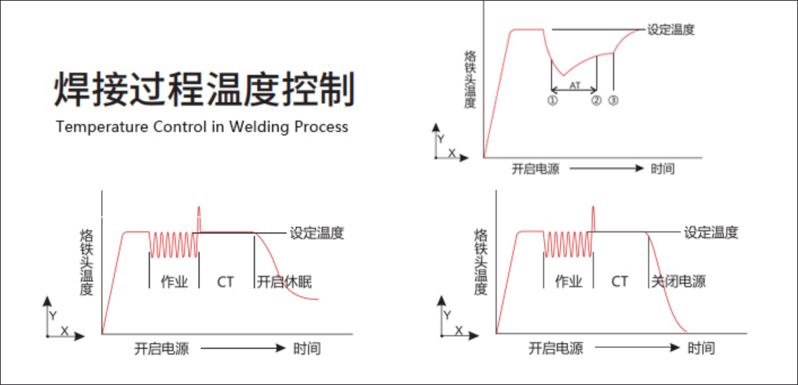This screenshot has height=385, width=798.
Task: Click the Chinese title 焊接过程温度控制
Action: pyautogui.click(x=204, y=89)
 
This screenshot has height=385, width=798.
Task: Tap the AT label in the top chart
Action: pyautogui.click(x=575, y=85)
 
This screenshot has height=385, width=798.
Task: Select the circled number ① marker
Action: pyautogui.click(x=552, y=101)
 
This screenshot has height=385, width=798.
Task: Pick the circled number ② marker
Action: pyautogui.click(x=596, y=101)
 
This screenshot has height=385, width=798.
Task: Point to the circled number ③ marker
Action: pyautogui.click(x=613, y=101)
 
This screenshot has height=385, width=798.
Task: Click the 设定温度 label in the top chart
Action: pyautogui.click(x=671, y=30)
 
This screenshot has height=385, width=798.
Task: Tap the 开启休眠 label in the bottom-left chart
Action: pyautogui.click(x=284, y=282)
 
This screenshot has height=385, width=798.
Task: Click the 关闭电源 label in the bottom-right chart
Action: pyautogui.click(x=678, y=281)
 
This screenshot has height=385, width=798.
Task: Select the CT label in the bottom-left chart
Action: pyautogui.click(x=225, y=282)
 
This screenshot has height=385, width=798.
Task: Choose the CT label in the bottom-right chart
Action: pyautogui.click(x=619, y=281)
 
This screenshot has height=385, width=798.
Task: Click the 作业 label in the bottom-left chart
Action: pyautogui.click(x=174, y=282)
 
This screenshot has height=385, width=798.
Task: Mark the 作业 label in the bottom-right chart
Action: pyautogui.click(x=568, y=281)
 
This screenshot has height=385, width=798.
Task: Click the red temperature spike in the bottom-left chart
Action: pyautogui.click(x=199, y=217)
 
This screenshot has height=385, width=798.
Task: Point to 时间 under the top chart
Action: pyautogui.click(x=662, y=168)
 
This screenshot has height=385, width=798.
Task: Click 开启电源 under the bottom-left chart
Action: pyautogui.click(x=161, y=348)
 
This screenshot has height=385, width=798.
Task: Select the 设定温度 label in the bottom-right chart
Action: pyautogui.click(x=711, y=232)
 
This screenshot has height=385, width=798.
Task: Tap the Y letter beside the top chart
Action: pyautogui.click(x=441, y=139)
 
